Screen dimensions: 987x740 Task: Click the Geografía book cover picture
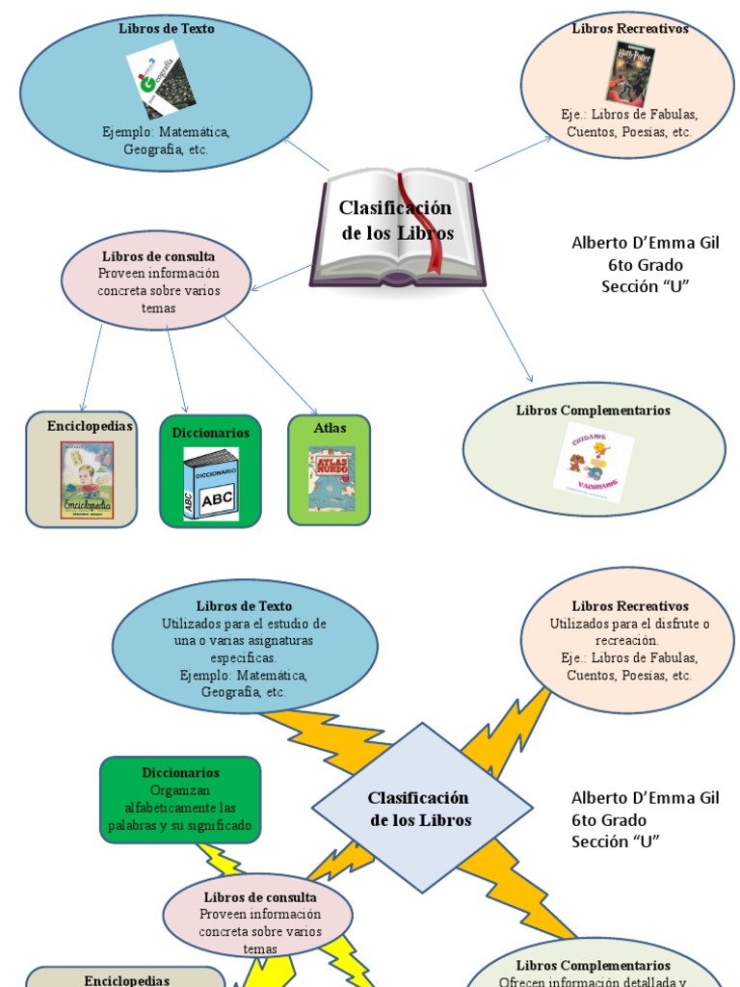pyautogui.click(x=160, y=84)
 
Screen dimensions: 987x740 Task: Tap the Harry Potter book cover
pyautogui.click(x=626, y=71)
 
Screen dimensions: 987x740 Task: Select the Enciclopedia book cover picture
pyautogui.click(x=87, y=480)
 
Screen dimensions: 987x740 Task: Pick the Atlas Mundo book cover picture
pyautogui.click(x=331, y=479)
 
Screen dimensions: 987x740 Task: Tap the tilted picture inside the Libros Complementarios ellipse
pyautogui.click(x=597, y=462)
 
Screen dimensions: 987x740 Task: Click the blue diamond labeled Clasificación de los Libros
pyautogui.click(x=421, y=808)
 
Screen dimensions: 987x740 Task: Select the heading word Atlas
pyautogui.click(x=330, y=428)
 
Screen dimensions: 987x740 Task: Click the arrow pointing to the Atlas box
pyautogui.click(x=271, y=366)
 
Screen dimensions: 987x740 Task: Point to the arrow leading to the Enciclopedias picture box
pyautogui.click(x=92, y=367)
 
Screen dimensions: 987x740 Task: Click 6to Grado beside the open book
pyautogui.click(x=645, y=264)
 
